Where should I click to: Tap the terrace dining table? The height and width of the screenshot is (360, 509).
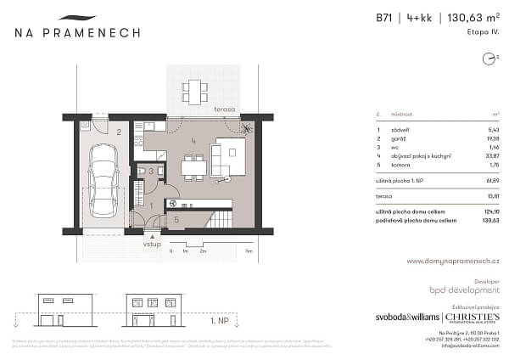[196, 89]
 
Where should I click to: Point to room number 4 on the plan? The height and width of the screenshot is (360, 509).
[193, 140]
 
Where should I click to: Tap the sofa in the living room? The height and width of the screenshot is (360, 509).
[217, 159]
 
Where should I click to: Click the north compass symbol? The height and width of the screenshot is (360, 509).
[488, 59]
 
